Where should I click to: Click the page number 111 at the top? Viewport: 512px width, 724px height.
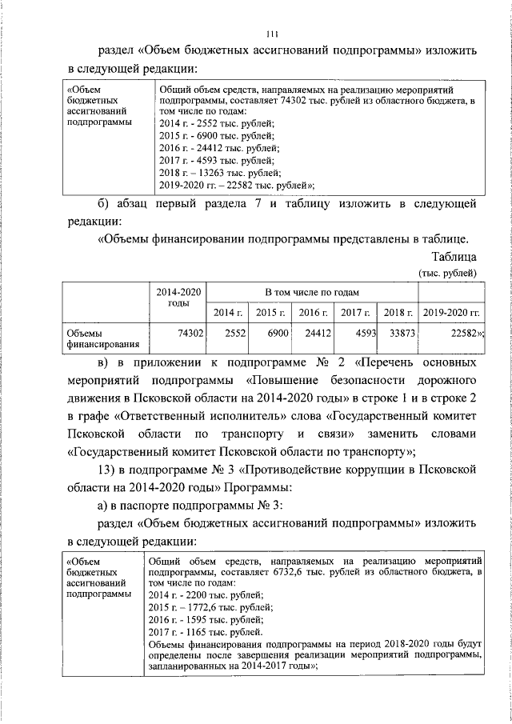tap(272, 33)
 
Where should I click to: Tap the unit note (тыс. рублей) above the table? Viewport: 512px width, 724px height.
tap(448, 273)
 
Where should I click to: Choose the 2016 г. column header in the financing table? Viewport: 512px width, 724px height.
tap(313, 312)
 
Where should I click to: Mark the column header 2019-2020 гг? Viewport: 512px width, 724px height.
tap(450, 312)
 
